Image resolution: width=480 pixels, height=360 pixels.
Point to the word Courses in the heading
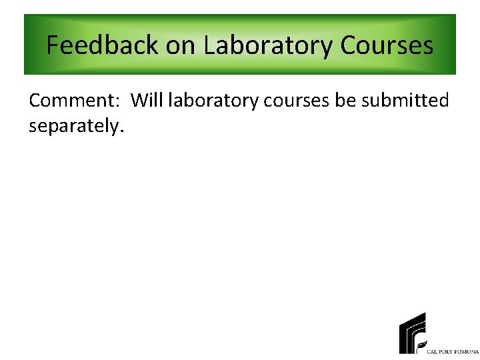(387, 45)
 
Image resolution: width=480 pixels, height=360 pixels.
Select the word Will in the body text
(147, 101)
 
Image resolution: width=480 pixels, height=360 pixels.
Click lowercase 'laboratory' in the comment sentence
(214, 101)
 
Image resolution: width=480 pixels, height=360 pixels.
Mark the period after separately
(121, 131)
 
